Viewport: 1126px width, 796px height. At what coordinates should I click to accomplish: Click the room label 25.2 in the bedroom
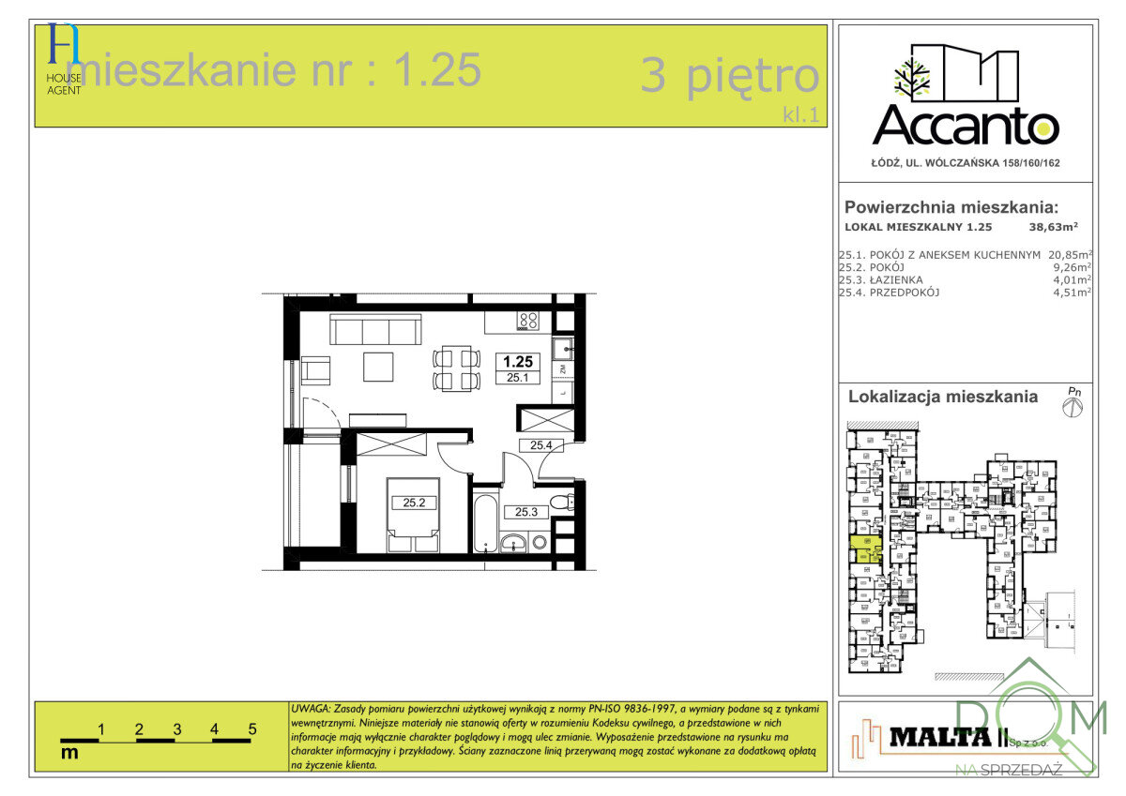point(415,503)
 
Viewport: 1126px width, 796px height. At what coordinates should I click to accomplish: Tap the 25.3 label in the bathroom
point(525,512)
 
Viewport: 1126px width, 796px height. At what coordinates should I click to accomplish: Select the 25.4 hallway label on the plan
point(540,445)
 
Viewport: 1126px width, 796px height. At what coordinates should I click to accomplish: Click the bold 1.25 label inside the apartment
point(518,361)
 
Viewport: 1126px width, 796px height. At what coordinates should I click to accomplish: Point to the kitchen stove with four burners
point(528,321)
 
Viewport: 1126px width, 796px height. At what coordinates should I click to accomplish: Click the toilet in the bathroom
point(561,504)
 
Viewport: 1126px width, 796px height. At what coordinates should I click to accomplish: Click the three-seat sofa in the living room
point(374,330)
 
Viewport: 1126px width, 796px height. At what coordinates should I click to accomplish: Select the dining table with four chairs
point(456,368)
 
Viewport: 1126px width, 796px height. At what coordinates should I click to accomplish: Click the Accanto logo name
point(966,124)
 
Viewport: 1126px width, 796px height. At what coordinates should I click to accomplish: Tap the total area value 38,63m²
point(1054,226)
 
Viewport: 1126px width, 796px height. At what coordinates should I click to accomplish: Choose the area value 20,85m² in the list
point(1069,254)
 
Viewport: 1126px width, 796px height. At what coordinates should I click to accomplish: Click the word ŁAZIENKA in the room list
point(897,279)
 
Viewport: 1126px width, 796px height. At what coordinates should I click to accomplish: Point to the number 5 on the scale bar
point(252,728)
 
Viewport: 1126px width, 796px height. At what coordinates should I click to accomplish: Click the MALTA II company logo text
point(944,737)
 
